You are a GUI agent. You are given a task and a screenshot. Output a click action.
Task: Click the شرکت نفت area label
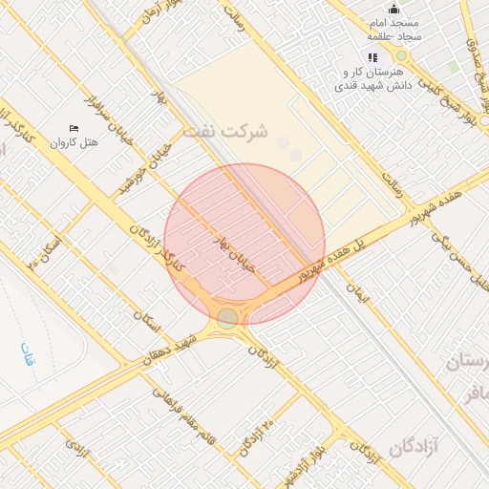coord(225,131)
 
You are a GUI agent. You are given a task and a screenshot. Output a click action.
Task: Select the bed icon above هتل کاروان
coord(74,129)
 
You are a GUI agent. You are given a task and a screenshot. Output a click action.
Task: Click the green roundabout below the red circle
coord(226,319)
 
